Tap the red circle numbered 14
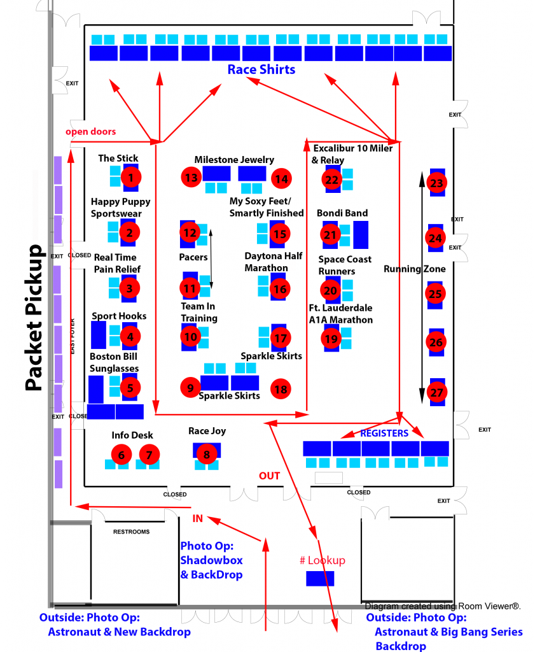281,179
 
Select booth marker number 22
331,180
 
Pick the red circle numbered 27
436,392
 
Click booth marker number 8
207,455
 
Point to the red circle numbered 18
281,388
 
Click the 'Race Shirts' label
261,69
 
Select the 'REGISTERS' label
384,433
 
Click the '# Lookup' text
322,560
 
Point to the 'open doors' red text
91,131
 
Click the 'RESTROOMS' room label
131,532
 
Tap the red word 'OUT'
269,476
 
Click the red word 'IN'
197,519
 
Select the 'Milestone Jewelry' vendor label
234,160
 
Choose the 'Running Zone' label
414,269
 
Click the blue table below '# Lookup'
320,578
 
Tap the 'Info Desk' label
132,436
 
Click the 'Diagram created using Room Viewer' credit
443,606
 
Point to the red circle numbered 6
121,455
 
